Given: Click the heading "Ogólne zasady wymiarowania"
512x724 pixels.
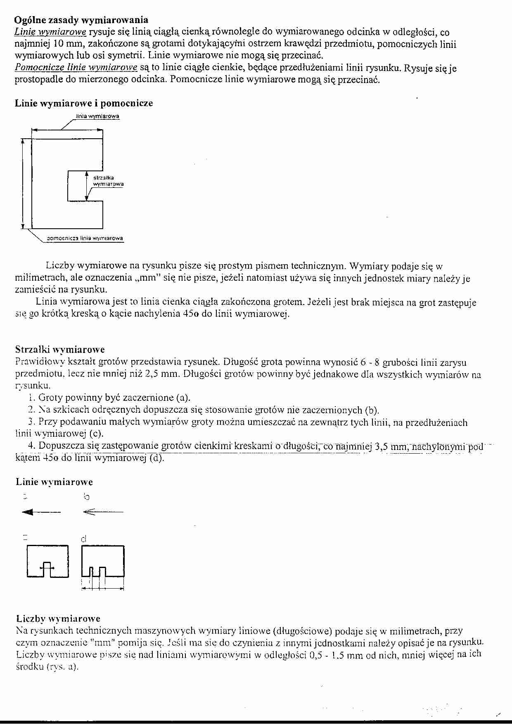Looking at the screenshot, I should pyautogui.click(x=81, y=20).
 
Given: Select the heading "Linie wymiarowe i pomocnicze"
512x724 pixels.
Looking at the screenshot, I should pyautogui.click(x=84, y=103).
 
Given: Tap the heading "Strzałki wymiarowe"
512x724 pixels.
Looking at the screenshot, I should pyautogui.click(x=60, y=350).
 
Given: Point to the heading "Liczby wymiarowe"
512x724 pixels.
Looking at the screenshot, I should pyautogui.click(x=58, y=618).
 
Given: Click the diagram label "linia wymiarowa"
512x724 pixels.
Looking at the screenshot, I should pyautogui.click(x=97, y=116).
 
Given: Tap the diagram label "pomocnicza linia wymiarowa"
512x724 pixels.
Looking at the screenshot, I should pyautogui.click(x=85, y=238).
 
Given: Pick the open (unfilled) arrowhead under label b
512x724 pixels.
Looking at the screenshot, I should pyautogui.click(x=88, y=512).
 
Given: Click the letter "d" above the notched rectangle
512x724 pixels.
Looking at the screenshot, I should pyautogui.click(x=84, y=539).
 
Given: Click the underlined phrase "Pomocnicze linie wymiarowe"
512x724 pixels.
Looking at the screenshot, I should pyautogui.click(x=76, y=68).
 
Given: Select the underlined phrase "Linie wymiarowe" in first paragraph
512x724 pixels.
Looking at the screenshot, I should pyautogui.click(x=50, y=32).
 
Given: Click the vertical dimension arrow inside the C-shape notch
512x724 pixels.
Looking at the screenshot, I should pyautogui.click(x=86, y=186).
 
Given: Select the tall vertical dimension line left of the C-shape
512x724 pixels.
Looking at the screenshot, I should pyautogui.click(x=23, y=183).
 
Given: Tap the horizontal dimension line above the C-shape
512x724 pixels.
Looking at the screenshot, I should pyautogui.click(x=67, y=130).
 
